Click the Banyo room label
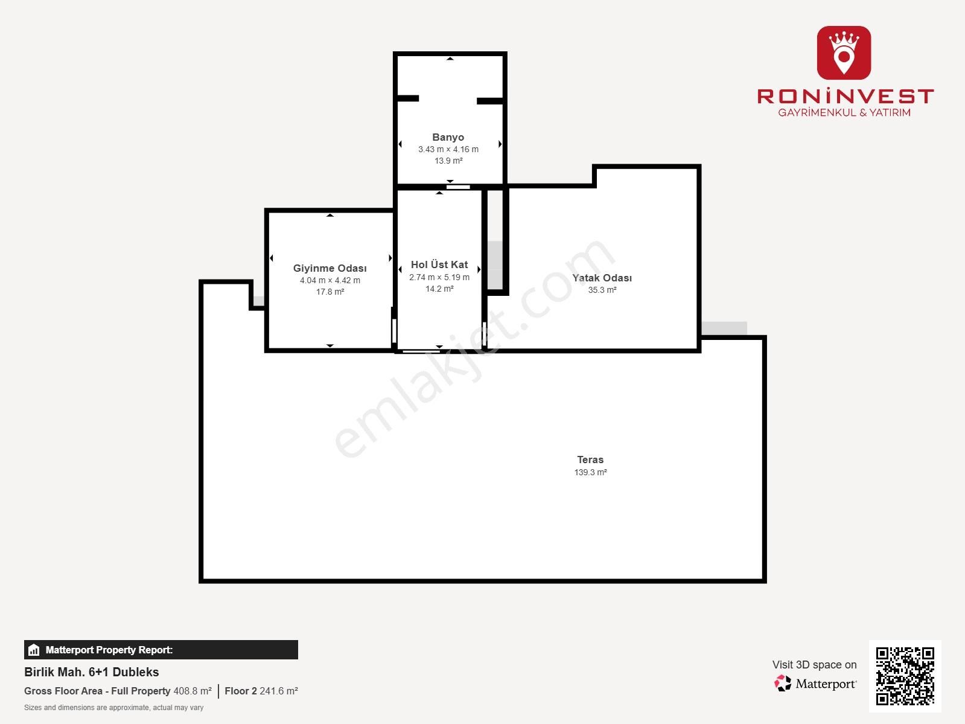coord(448,137)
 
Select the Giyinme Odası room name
coord(330,268)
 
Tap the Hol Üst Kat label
coord(439,265)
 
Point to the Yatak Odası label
coord(602,278)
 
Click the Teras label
coord(590,460)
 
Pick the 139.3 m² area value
coord(590,472)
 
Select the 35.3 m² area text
coord(602,290)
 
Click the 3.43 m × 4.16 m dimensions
coord(448,150)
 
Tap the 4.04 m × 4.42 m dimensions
coord(330,281)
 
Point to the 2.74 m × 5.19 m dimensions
coord(439,278)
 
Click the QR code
coord(905,676)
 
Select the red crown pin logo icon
coord(844,53)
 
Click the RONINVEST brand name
coord(845,96)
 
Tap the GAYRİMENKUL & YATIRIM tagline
coord(844,112)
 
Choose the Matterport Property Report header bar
coord(161,650)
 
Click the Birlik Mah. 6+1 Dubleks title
coord(92,672)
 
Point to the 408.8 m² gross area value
coord(193,691)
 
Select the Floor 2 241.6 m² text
coord(261,691)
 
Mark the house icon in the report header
coord(34,650)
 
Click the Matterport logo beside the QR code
coord(815,684)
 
